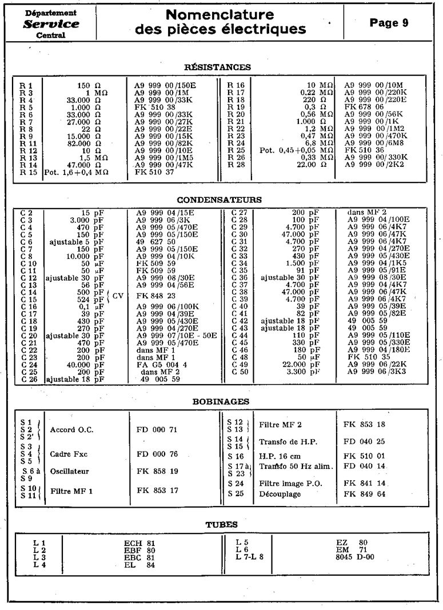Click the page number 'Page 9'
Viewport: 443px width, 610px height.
click(x=389, y=23)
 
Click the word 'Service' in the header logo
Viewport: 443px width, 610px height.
click(x=51, y=24)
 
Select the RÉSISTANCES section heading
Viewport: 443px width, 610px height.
click(x=217, y=67)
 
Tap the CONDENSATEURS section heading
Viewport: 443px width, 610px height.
click(x=219, y=200)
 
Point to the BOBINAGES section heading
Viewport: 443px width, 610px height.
click(x=220, y=402)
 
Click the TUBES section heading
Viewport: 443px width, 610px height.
click(x=221, y=524)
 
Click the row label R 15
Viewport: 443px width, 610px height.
click(x=28, y=172)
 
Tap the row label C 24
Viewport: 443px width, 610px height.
click(x=29, y=364)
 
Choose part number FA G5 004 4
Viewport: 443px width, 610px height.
click(x=162, y=364)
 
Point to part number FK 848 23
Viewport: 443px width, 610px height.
click(x=157, y=296)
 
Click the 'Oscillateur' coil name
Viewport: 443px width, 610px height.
click(x=70, y=472)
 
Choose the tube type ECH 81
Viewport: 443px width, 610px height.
click(x=139, y=543)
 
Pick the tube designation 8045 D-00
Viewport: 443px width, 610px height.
click(x=355, y=557)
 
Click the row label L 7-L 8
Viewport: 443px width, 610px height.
click(x=250, y=557)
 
